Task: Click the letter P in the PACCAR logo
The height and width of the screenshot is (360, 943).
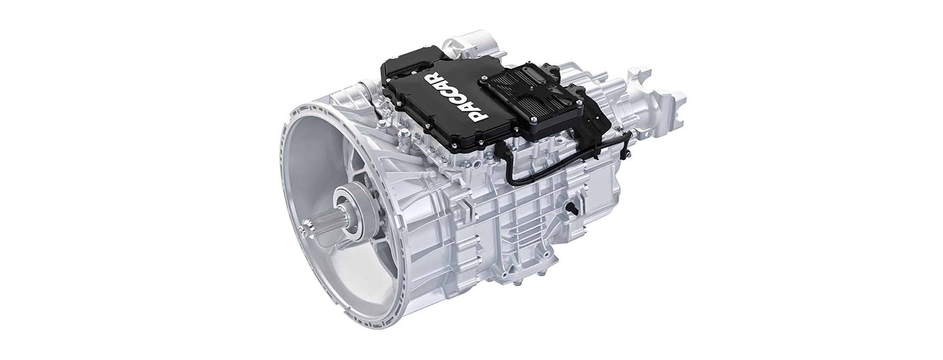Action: pos(479,113)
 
